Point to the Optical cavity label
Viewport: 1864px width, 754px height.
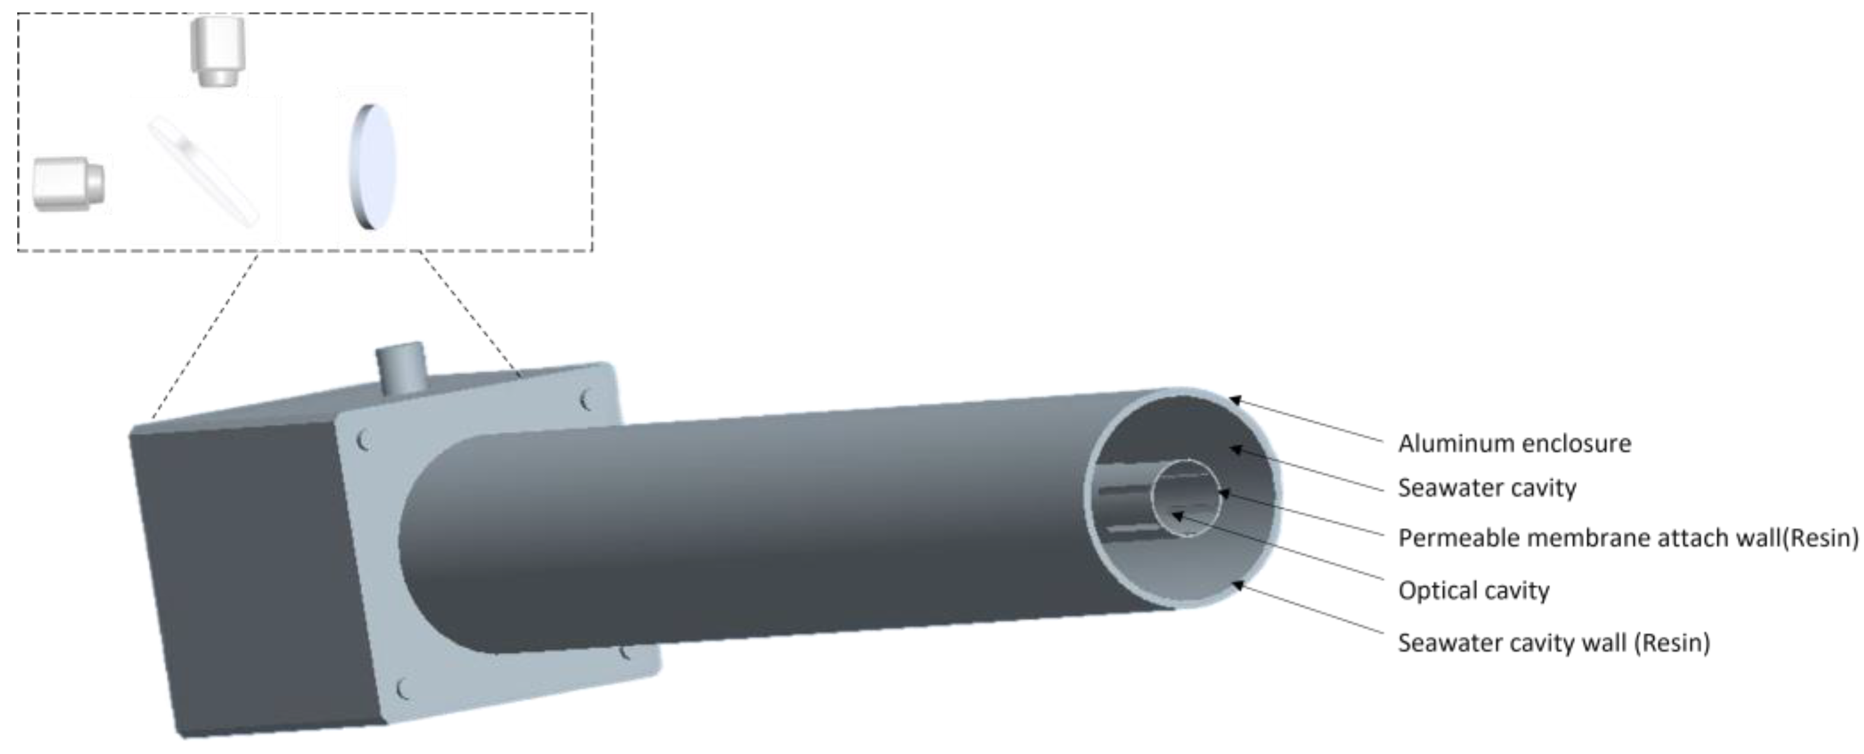[1473, 590]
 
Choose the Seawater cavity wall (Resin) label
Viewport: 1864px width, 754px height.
[1553, 642]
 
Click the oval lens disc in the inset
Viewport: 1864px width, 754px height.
[373, 167]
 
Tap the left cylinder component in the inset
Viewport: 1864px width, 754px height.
[69, 184]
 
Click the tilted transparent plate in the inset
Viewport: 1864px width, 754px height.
[203, 172]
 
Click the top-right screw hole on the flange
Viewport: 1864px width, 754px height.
[586, 399]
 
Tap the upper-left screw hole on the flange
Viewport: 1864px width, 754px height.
[365, 439]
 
